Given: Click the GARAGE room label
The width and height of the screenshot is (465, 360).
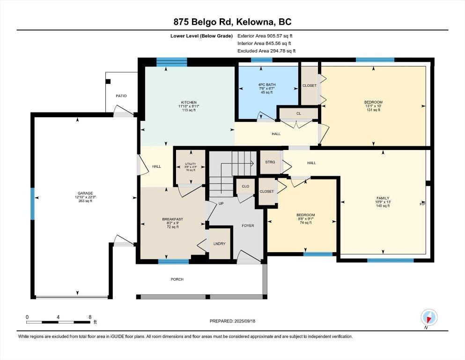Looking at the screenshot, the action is pyautogui.click(x=85, y=193).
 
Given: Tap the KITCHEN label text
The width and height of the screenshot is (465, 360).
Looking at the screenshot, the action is pyautogui.click(x=189, y=102).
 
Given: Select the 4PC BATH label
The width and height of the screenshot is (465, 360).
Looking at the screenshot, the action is pyautogui.click(x=266, y=84).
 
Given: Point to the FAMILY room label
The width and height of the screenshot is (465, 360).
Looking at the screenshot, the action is pyautogui.click(x=383, y=198).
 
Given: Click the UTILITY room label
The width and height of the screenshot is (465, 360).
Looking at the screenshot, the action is pyautogui.click(x=191, y=164).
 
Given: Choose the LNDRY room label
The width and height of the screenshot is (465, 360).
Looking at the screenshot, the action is pyautogui.click(x=220, y=244).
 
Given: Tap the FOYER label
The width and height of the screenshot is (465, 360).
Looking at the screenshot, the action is pyautogui.click(x=248, y=225).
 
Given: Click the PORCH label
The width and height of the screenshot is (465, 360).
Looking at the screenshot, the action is pyautogui.click(x=177, y=279).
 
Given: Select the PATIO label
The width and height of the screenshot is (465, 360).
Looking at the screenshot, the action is pyautogui.click(x=121, y=96).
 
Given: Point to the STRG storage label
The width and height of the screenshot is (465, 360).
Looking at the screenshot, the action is pyautogui.click(x=270, y=162).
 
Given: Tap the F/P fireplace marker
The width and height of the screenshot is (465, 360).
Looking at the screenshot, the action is pyautogui.click(x=422, y=204).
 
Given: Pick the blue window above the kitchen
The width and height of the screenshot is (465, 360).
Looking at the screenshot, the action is pyautogui.click(x=172, y=62).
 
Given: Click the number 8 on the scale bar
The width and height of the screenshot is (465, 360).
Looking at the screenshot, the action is pyautogui.click(x=90, y=317).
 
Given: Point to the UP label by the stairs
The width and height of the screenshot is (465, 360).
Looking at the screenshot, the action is pyautogui.click(x=221, y=203).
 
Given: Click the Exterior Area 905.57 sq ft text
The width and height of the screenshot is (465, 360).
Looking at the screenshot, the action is pyautogui.click(x=265, y=36).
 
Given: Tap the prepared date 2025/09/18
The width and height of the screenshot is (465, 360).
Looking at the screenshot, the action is pyautogui.click(x=244, y=321).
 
